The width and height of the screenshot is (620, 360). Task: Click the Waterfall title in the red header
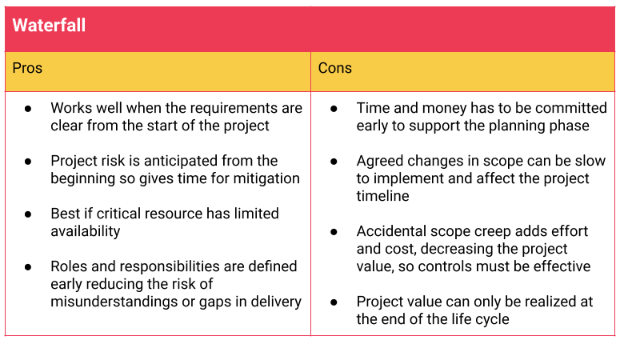[49, 26]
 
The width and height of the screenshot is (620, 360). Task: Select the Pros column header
[27, 68]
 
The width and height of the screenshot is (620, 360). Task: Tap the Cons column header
[335, 68]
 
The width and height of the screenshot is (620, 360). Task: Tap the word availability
[86, 231]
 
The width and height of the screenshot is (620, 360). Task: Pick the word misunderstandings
[114, 302]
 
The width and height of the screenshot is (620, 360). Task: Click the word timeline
[382, 196]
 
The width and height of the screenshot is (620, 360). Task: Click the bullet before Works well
[28, 108]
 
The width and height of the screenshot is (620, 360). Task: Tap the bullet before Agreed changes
[334, 162]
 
